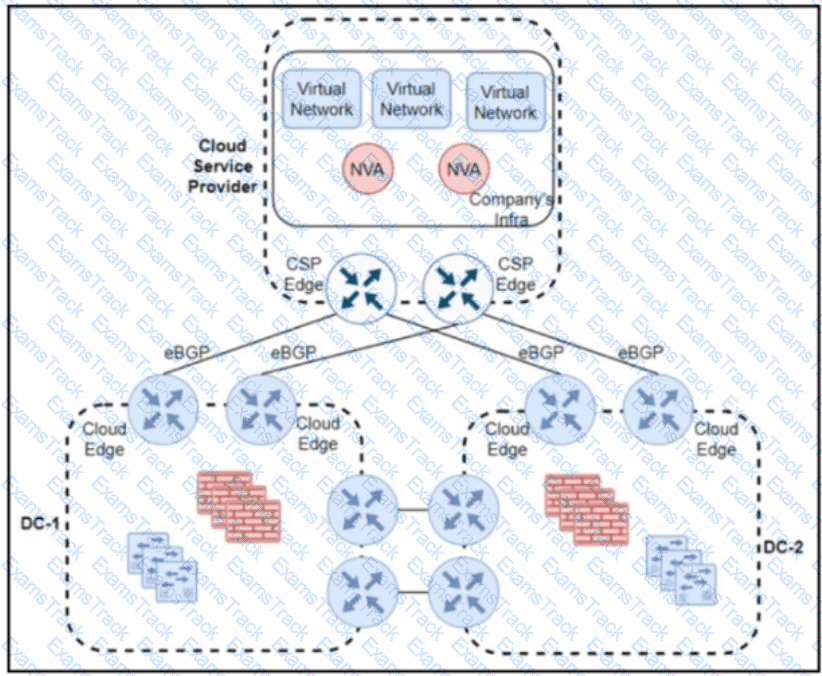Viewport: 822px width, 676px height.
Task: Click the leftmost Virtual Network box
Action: point(322,99)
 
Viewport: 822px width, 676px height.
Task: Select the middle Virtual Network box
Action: point(412,99)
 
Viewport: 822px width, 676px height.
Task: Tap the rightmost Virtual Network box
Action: point(506,102)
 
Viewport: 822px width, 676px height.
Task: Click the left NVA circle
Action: point(367,169)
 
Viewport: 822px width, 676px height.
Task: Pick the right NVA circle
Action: point(463,169)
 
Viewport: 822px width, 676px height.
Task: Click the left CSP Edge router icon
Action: point(361,288)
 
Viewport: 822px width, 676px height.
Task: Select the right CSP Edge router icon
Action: point(458,288)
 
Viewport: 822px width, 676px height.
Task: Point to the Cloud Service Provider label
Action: point(222,166)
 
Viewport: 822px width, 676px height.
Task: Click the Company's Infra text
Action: point(511,209)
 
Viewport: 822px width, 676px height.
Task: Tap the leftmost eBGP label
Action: point(187,352)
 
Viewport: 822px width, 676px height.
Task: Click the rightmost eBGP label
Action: point(641,352)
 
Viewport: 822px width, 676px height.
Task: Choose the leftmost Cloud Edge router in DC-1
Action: point(163,410)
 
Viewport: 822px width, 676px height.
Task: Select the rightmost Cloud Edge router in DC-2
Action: point(658,410)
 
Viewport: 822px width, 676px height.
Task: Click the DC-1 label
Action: point(40,523)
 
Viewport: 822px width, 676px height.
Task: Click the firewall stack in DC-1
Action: point(239,507)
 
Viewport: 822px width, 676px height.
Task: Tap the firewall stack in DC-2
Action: point(587,510)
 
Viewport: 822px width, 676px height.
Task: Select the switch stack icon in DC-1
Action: point(163,567)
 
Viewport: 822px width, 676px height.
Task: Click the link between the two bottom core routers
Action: point(413,593)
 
